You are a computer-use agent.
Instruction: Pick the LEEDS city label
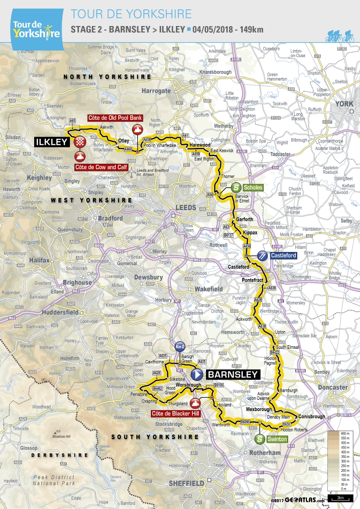pos(185,207)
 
